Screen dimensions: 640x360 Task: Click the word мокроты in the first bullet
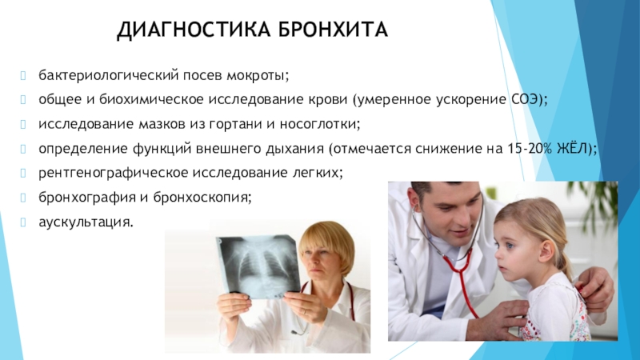(x=258, y=76)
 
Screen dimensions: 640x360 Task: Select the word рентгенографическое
(x=113, y=173)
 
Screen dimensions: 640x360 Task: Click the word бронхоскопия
(x=202, y=198)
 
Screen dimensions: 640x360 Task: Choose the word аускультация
(x=86, y=222)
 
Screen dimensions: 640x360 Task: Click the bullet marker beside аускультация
(x=23, y=222)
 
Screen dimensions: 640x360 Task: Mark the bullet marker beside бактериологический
(x=23, y=75)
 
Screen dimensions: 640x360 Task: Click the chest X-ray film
(x=258, y=266)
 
